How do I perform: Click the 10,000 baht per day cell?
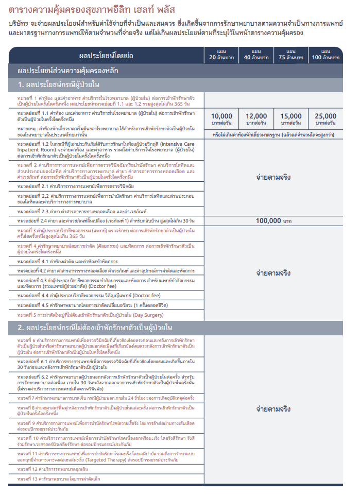[x=222, y=119]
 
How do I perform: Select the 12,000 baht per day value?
[x=256, y=119]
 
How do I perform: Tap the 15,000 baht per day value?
[x=291, y=119]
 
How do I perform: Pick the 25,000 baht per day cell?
[x=325, y=119]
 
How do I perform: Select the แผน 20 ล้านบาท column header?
[x=222, y=55]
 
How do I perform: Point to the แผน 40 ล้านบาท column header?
[x=256, y=55]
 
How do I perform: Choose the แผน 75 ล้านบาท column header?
[x=291, y=55]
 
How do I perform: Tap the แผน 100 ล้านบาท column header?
[x=325, y=55]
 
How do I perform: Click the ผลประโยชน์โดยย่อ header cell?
[x=106, y=55]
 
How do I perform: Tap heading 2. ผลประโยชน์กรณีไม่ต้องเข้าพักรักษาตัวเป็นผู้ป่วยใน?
[x=95, y=328]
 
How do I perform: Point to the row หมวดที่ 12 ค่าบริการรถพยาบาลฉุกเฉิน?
[x=54, y=469]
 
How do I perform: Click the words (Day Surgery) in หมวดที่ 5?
[x=148, y=315]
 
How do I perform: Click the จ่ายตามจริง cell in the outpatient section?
[x=273, y=409]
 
